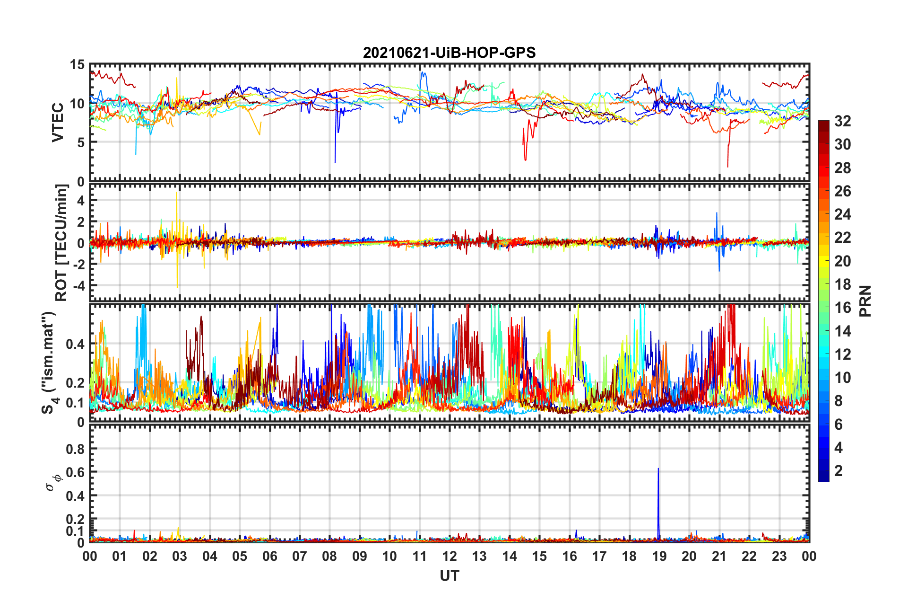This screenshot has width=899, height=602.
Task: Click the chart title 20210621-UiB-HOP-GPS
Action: point(449,53)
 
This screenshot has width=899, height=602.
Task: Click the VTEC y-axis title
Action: point(57,123)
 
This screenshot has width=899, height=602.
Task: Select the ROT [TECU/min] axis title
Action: point(61,243)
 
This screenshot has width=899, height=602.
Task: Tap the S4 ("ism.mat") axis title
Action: point(49,363)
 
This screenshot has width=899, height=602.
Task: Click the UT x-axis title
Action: point(449,575)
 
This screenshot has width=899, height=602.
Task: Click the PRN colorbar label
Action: point(865,301)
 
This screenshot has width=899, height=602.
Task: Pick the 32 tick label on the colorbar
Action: point(842,121)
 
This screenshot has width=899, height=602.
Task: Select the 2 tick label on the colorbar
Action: point(838,470)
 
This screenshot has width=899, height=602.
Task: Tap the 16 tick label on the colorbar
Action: point(842,308)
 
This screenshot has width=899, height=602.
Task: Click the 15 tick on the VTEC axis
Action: point(77,65)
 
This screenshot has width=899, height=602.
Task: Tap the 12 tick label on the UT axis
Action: point(449,556)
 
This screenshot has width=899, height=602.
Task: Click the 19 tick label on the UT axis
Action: point(659,556)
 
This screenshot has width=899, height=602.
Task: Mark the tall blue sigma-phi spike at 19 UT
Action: point(658,469)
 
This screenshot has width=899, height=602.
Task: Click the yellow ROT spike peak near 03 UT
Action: point(177,192)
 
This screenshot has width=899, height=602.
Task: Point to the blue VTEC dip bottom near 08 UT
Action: point(335,162)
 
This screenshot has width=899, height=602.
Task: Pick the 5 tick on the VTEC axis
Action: point(81,142)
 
